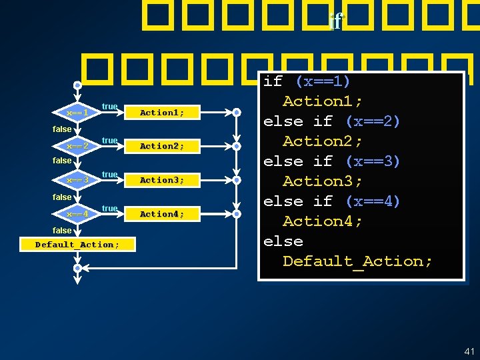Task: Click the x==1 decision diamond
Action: tap(77, 113)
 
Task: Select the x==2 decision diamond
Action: tap(77, 145)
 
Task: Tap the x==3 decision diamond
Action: tap(77, 180)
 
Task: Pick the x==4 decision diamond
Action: tap(77, 214)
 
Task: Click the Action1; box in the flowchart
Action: tap(162, 113)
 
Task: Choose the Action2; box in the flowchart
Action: tap(162, 145)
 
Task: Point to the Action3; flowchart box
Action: tap(162, 180)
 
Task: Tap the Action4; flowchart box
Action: tap(162, 214)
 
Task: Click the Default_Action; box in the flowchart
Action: tap(77, 245)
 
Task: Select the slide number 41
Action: tap(469, 351)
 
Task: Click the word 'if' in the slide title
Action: tap(335, 22)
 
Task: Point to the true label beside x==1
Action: tap(110, 107)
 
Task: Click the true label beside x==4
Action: tap(110, 209)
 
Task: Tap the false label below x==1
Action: tap(62, 129)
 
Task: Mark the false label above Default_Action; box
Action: tap(62, 231)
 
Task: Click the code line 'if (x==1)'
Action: tap(307, 81)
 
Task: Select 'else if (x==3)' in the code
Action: tap(331, 161)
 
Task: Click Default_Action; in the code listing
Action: tap(357, 261)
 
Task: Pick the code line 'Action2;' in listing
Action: tap(323, 141)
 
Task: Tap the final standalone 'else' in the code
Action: tap(283, 241)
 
